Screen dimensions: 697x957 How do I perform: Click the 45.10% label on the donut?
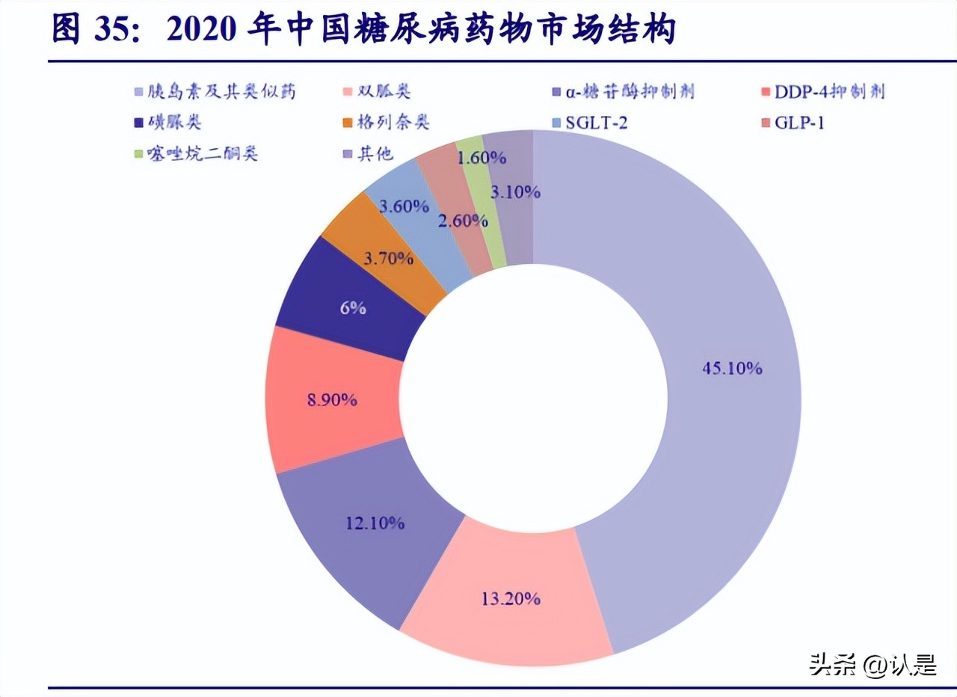(x=732, y=368)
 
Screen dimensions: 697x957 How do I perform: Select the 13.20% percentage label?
(x=511, y=598)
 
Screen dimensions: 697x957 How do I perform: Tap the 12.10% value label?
(x=375, y=523)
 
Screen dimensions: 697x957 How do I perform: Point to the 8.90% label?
(x=332, y=400)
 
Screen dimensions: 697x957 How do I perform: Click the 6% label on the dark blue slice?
(x=353, y=307)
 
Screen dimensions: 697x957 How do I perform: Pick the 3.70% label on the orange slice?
(x=388, y=259)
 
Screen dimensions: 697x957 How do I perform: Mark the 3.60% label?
(x=404, y=206)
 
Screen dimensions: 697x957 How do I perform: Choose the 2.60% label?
(x=463, y=221)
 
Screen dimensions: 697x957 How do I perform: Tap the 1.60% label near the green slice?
(x=481, y=158)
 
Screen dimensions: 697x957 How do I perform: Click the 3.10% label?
(x=515, y=191)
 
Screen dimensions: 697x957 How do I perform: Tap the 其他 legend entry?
(x=369, y=155)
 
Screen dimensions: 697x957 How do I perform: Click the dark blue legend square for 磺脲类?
(x=140, y=123)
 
